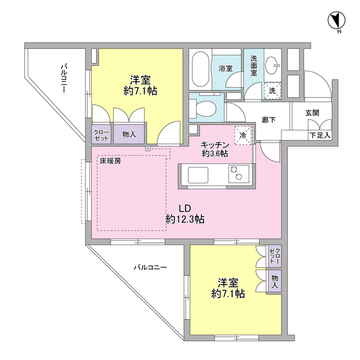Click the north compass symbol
point(336,21)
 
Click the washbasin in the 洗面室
point(272,63)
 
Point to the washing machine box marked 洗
point(272,90)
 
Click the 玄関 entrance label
point(312,112)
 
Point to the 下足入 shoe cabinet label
point(320,136)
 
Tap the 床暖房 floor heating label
point(110,160)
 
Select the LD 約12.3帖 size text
point(185,219)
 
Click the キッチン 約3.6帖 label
point(214,148)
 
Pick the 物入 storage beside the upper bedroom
point(129,134)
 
